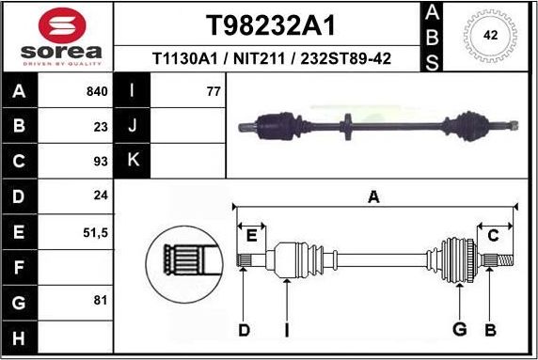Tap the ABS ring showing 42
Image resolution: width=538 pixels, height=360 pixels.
489,36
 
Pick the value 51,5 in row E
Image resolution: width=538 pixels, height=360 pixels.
96,231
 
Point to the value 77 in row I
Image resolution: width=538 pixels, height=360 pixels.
212,92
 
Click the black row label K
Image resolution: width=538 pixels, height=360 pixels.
133,160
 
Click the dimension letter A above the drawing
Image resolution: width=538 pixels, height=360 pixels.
373,197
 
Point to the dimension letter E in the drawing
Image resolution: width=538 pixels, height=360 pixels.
251,235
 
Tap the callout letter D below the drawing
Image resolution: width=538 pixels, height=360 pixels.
244,329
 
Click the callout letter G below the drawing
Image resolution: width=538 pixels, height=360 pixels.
459,329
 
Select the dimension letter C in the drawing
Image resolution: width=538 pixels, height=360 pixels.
492,235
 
